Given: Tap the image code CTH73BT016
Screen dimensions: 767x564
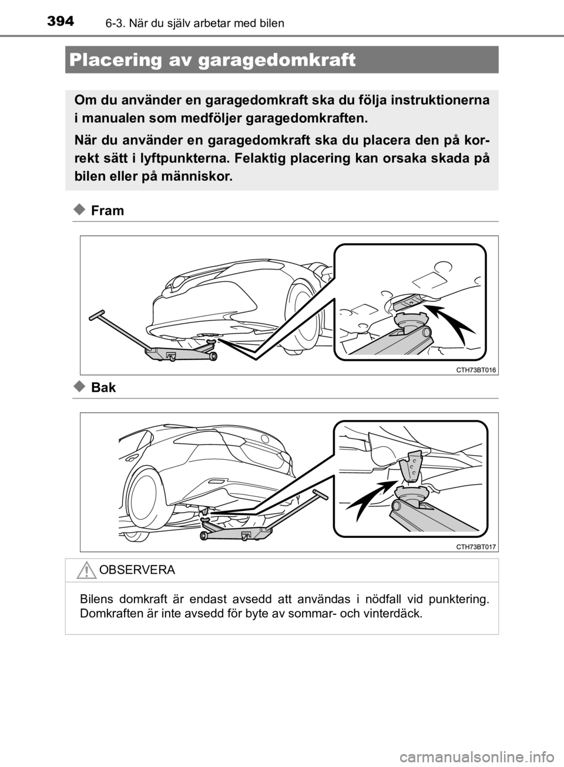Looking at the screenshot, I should (x=475, y=369).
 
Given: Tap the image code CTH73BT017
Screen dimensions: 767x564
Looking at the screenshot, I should (x=475, y=546).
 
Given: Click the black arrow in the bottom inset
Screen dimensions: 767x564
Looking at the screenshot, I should (x=367, y=499).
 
